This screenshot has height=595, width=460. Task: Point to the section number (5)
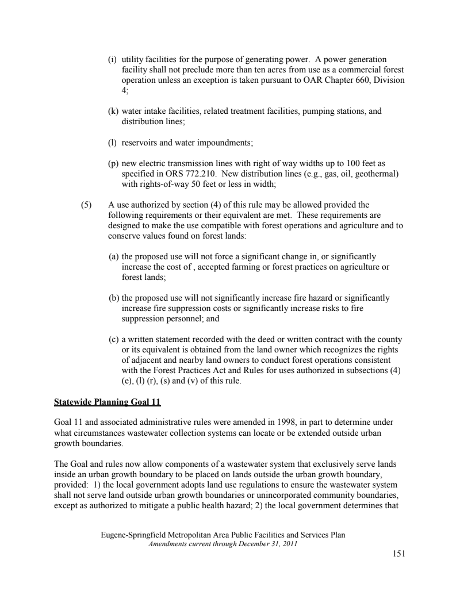pyautogui.click(x=85, y=204)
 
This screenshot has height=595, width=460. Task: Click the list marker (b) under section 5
pyautogui.click(x=114, y=298)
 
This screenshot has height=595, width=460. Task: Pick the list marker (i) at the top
pyautogui.click(x=113, y=59)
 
